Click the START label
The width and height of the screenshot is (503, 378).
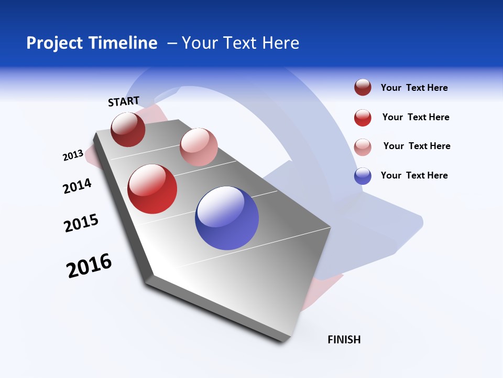tap(124, 101)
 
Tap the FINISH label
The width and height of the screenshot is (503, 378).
tap(344, 340)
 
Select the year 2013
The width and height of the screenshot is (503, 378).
tap(73, 155)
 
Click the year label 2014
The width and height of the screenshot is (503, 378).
tap(77, 186)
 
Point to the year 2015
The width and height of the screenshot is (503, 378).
tap(81, 223)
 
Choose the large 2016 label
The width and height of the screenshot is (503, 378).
tap(89, 266)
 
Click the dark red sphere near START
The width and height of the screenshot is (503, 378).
tap(128, 130)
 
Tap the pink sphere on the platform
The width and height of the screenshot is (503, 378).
tap(199, 146)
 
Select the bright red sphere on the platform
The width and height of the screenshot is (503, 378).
tap(152, 189)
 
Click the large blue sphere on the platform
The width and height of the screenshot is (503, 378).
tap(227, 218)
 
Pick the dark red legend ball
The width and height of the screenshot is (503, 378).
tap(363, 88)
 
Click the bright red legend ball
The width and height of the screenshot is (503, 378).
tap(363, 118)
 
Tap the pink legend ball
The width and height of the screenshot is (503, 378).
tap(363, 146)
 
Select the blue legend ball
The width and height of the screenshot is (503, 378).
tap(363, 176)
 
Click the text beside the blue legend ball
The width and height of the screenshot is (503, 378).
tap(414, 175)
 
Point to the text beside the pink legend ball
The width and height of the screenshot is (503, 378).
tap(417, 146)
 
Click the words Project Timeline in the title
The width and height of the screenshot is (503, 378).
tap(92, 43)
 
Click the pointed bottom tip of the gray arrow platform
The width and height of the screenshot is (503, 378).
tap(286, 342)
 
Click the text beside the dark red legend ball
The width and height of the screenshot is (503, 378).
tap(414, 88)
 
